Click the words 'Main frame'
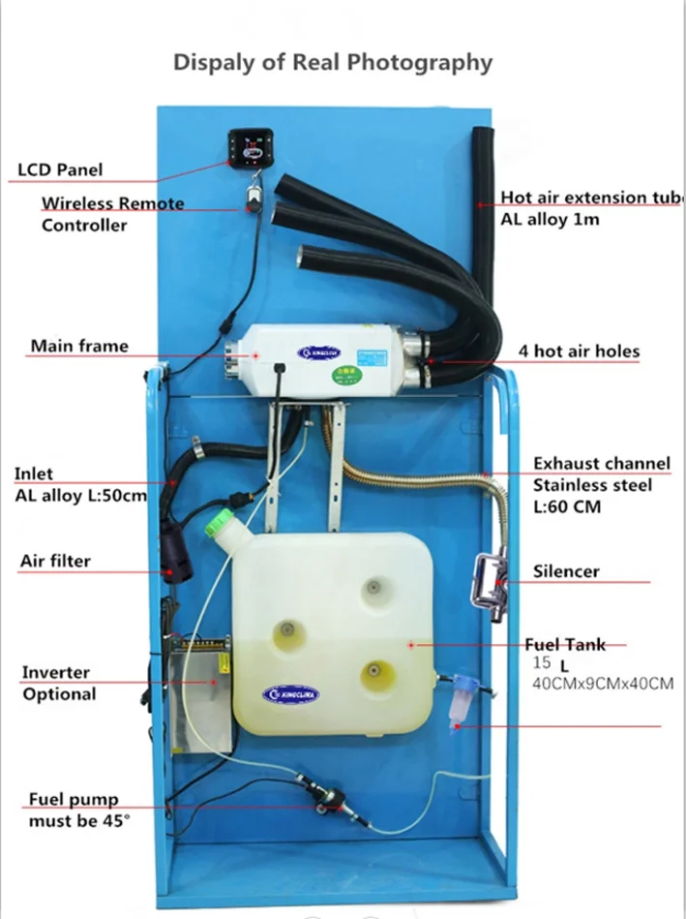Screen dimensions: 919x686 coord(78,346)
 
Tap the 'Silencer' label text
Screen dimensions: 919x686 coord(566,571)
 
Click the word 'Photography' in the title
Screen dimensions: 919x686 coord(420,63)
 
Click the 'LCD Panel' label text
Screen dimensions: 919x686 coord(60,169)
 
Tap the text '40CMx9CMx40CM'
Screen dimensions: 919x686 coord(603,685)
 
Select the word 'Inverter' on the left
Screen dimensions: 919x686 coord(56,672)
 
